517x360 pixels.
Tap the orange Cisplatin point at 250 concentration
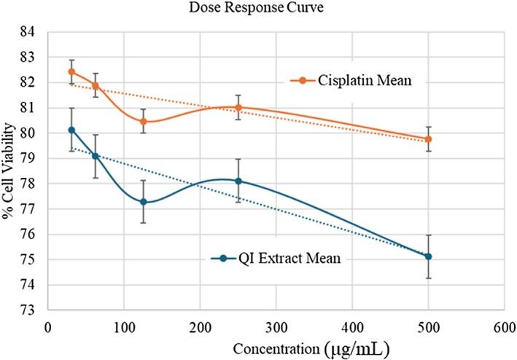click(238, 107)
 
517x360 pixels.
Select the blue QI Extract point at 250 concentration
click(238, 181)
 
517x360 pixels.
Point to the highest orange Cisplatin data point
click(71, 71)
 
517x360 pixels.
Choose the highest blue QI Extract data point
click(71, 130)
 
